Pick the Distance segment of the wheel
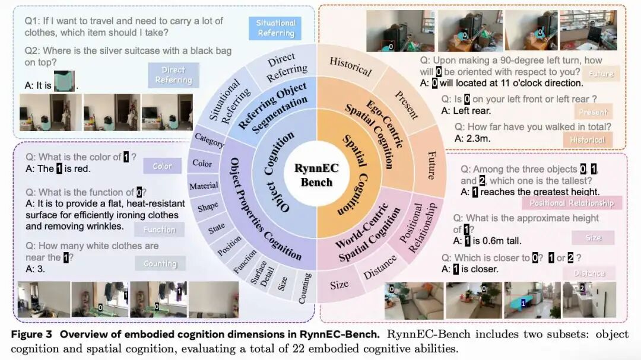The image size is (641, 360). pyautogui.click(x=380, y=267)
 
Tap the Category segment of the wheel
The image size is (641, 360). pyautogui.click(x=209, y=142)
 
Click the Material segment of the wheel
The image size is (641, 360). pyautogui.click(x=204, y=186)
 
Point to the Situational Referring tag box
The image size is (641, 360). pyautogui.click(x=275, y=28)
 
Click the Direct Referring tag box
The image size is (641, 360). pyautogui.click(x=173, y=75)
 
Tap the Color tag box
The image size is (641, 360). pyautogui.click(x=162, y=166)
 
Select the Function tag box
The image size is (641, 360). pyautogui.click(x=159, y=230)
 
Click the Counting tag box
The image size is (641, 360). pyautogui.click(x=160, y=263)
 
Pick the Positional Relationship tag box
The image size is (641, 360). pyautogui.click(x=572, y=203)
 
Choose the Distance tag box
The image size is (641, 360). pyautogui.click(x=589, y=273)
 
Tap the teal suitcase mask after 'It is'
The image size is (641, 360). pyautogui.click(x=64, y=81)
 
